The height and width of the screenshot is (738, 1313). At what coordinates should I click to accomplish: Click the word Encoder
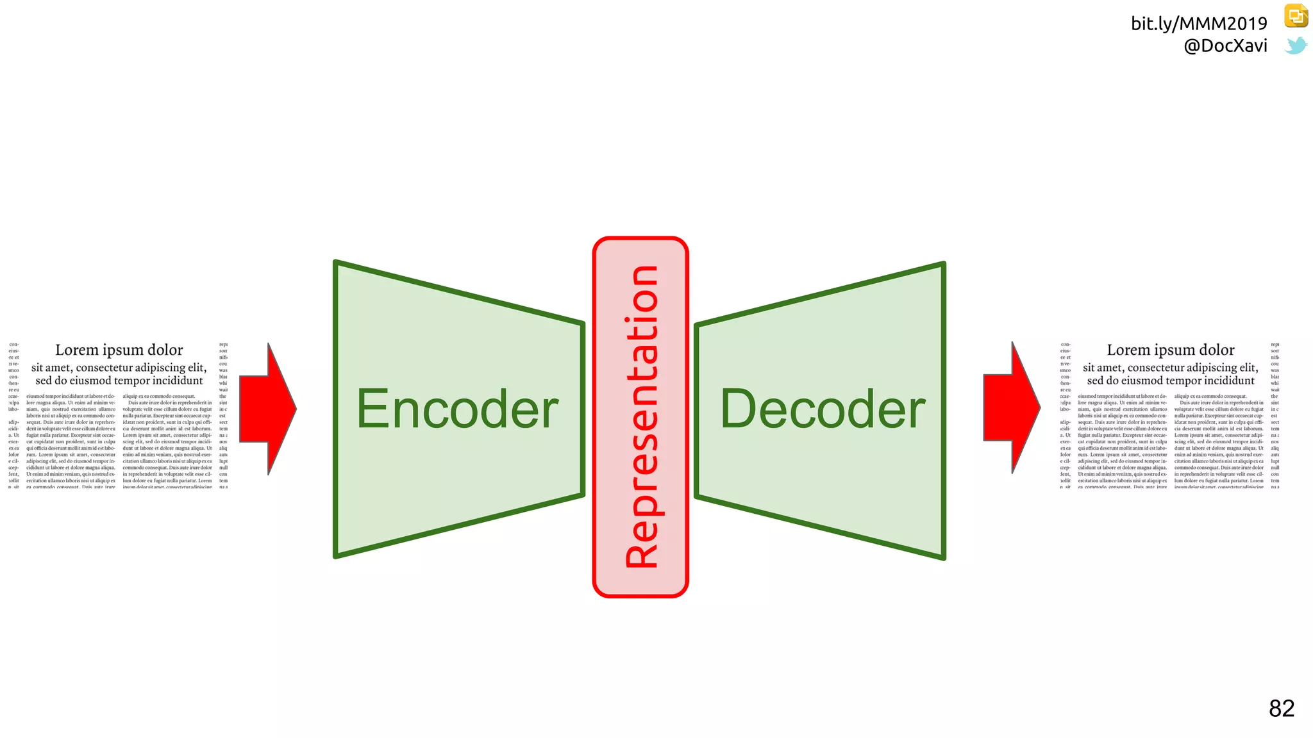click(x=457, y=409)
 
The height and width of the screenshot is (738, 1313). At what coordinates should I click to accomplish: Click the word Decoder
click(x=823, y=409)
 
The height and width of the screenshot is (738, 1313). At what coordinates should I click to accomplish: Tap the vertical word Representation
click(x=641, y=416)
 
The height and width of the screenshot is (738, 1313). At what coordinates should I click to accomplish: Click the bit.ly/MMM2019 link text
click(x=1199, y=24)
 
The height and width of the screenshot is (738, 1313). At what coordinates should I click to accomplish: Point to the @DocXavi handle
click(x=1225, y=46)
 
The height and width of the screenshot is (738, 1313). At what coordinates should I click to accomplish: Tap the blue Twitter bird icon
click(x=1296, y=45)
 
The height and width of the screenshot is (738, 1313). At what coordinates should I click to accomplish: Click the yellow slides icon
click(x=1296, y=16)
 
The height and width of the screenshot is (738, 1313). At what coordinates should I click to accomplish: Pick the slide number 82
click(x=1282, y=709)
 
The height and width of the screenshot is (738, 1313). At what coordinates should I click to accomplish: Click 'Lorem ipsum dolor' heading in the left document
click(x=119, y=350)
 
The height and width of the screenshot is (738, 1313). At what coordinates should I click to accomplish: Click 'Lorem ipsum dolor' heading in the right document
click(x=1171, y=350)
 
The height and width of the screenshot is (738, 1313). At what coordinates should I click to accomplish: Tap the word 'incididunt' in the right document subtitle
click(x=1227, y=381)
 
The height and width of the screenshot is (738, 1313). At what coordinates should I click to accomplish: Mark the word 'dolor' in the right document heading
click(x=1217, y=350)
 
